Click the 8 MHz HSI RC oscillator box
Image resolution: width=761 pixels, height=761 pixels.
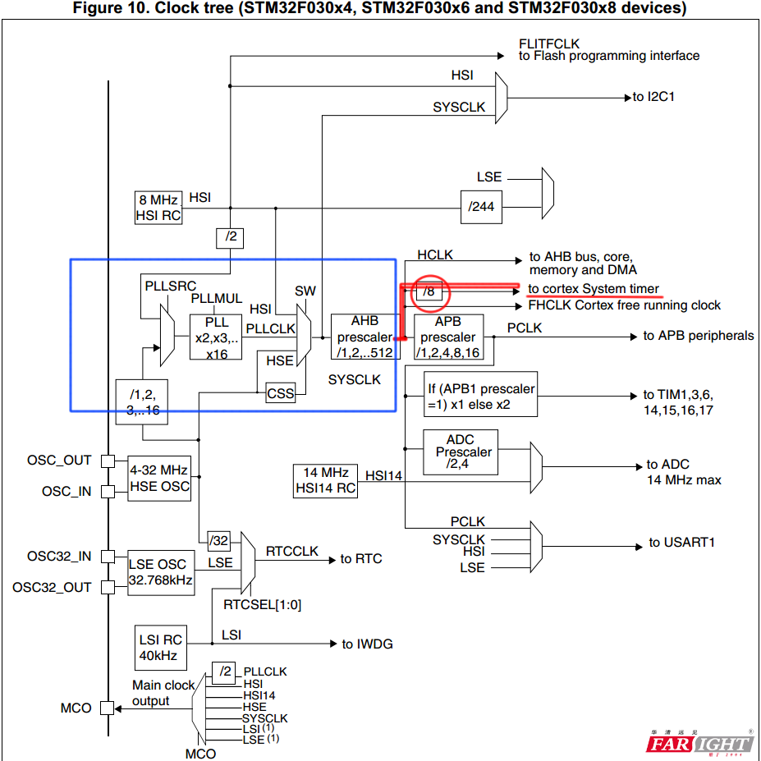[x=158, y=208]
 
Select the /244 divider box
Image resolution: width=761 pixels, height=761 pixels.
[x=482, y=206]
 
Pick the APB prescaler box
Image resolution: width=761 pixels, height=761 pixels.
[x=449, y=337]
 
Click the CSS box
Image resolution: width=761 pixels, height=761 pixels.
[x=280, y=394]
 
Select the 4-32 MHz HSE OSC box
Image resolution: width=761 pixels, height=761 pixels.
[x=159, y=478]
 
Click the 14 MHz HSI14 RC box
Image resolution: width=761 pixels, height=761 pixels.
[x=326, y=480]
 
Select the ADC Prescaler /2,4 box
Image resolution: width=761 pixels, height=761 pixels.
[x=460, y=452]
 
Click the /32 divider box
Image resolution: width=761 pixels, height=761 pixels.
[x=219, y=539]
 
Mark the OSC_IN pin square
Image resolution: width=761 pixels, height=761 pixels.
[x=108, y=492]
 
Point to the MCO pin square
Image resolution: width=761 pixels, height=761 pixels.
[x=108, y=708]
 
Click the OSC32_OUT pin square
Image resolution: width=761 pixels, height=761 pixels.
[x=108, y=588]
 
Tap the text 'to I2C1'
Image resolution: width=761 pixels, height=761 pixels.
[x=653, y=97]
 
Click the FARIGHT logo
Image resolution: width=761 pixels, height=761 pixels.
[x=699, y=743]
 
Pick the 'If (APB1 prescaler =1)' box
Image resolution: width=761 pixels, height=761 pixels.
[x=481, y=397]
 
